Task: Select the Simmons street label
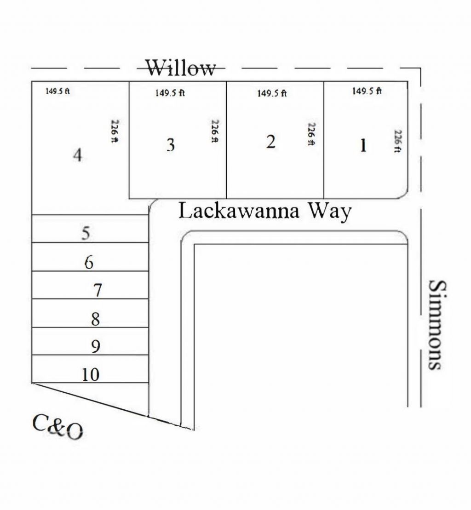coord(437,325)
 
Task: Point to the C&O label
coord(57,427)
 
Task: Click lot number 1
coord(363,145)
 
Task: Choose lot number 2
coord(270,142)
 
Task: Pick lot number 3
coord(171,145)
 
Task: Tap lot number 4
coord(77,155)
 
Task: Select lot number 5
coord(86,233)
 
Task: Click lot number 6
coord(89,262)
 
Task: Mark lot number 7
coord(98,290)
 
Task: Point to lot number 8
coord(95,319)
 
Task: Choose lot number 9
coord(96,347)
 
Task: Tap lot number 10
coord(91,375)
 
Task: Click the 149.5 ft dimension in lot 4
coord(57,91)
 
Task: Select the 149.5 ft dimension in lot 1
coord(367,91)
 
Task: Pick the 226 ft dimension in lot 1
coord(397,141)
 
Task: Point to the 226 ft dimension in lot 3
coord(215,131)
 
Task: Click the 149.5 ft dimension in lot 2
coord(272,93)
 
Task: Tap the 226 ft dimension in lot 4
coord(115,131)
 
